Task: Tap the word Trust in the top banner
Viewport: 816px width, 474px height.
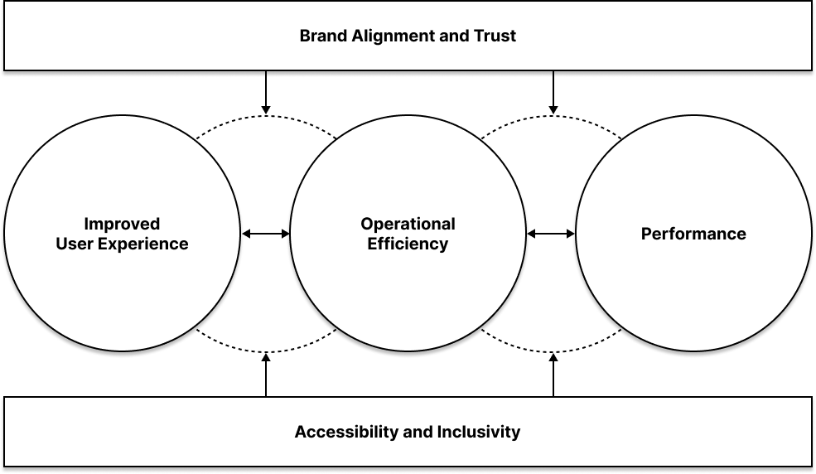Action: [x=495, y=36]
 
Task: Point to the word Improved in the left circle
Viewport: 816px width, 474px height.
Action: [x=122, y=224]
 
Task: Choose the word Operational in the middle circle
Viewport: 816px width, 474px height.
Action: [x=408, y=224]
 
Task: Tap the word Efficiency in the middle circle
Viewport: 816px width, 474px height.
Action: [x=408, y=244]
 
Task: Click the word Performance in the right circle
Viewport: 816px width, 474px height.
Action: [x=693, y=234]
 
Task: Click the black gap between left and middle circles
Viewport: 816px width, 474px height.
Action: [x=265, y=234]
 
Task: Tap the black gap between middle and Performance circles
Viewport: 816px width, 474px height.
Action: [x=551, y=234]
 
